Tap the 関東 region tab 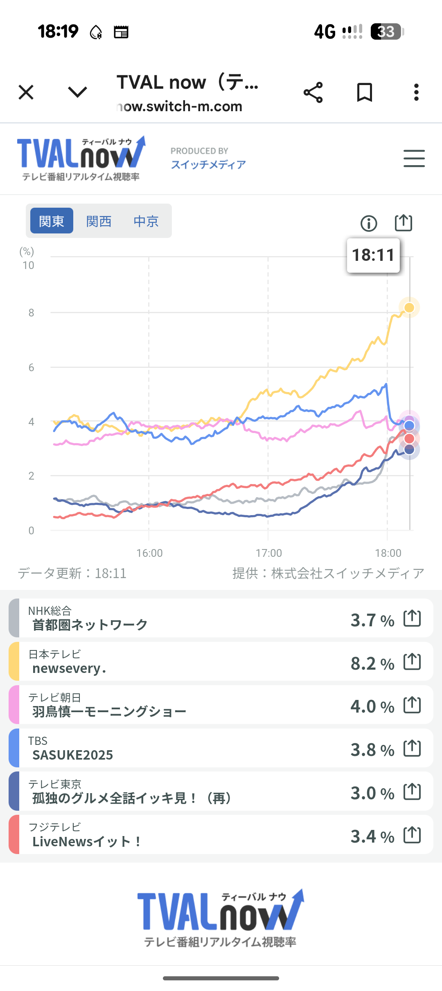(52, 221)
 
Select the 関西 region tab (99, 221)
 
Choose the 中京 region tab (146, 221)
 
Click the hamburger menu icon (414, 158)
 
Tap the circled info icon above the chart (369, 223)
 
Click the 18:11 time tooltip (373, 255)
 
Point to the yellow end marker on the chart (409, 307)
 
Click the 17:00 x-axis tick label (268, 553)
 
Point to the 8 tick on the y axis (31, 313)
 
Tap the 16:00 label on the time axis (149, 553)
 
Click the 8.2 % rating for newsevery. (372, 663)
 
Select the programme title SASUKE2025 (73, 755)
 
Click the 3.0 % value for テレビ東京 (372, 793)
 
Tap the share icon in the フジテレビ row (412, 835)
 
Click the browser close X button (26, 92)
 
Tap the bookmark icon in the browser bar (364, 92)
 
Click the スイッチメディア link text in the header (208, 164)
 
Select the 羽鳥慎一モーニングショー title (109, 711)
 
